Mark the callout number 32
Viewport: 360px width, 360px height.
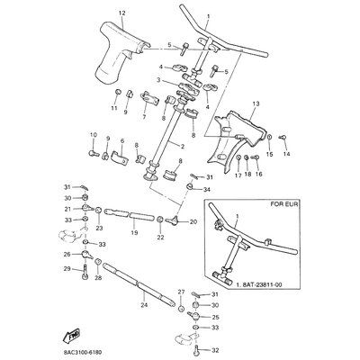[x=217, y=341]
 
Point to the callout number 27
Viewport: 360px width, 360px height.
[x=181, y=292]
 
